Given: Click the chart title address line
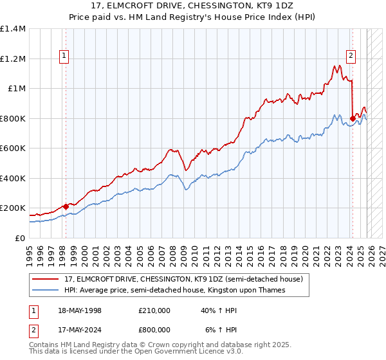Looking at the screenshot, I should (x=193, y=5).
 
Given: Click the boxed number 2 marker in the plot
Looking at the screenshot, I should (x=351, y=56).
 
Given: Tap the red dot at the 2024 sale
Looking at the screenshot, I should (x=353, y=118).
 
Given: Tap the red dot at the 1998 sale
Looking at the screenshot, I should (x=66, y=207).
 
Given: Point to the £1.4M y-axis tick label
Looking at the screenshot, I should (x=13, y=29).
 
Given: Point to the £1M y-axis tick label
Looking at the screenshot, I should (x=17, y=89).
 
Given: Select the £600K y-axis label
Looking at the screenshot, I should (x=13, y=148).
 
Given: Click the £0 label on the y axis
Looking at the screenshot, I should (x=19, y=238).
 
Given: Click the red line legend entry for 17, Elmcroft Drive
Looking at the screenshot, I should (x=187, y=278).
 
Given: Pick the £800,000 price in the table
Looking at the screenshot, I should (x=154, y=330).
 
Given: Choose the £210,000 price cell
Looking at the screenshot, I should (x=154, y=310).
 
